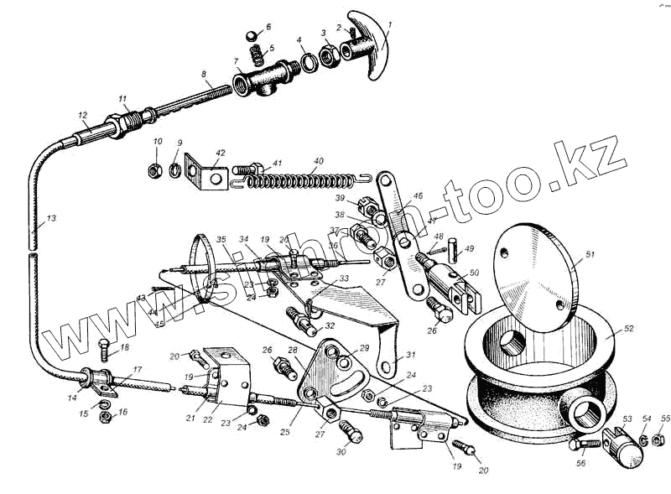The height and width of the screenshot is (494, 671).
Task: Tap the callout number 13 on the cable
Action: (x=52, y=219)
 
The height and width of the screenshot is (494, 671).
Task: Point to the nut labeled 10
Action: (x=155, y=169)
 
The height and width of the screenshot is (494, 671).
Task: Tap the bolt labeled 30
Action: (x=349, y=433)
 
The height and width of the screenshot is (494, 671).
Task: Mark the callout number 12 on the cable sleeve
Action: (x=82, y=115)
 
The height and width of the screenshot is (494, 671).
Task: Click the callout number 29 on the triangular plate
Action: (x=364, y=347)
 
